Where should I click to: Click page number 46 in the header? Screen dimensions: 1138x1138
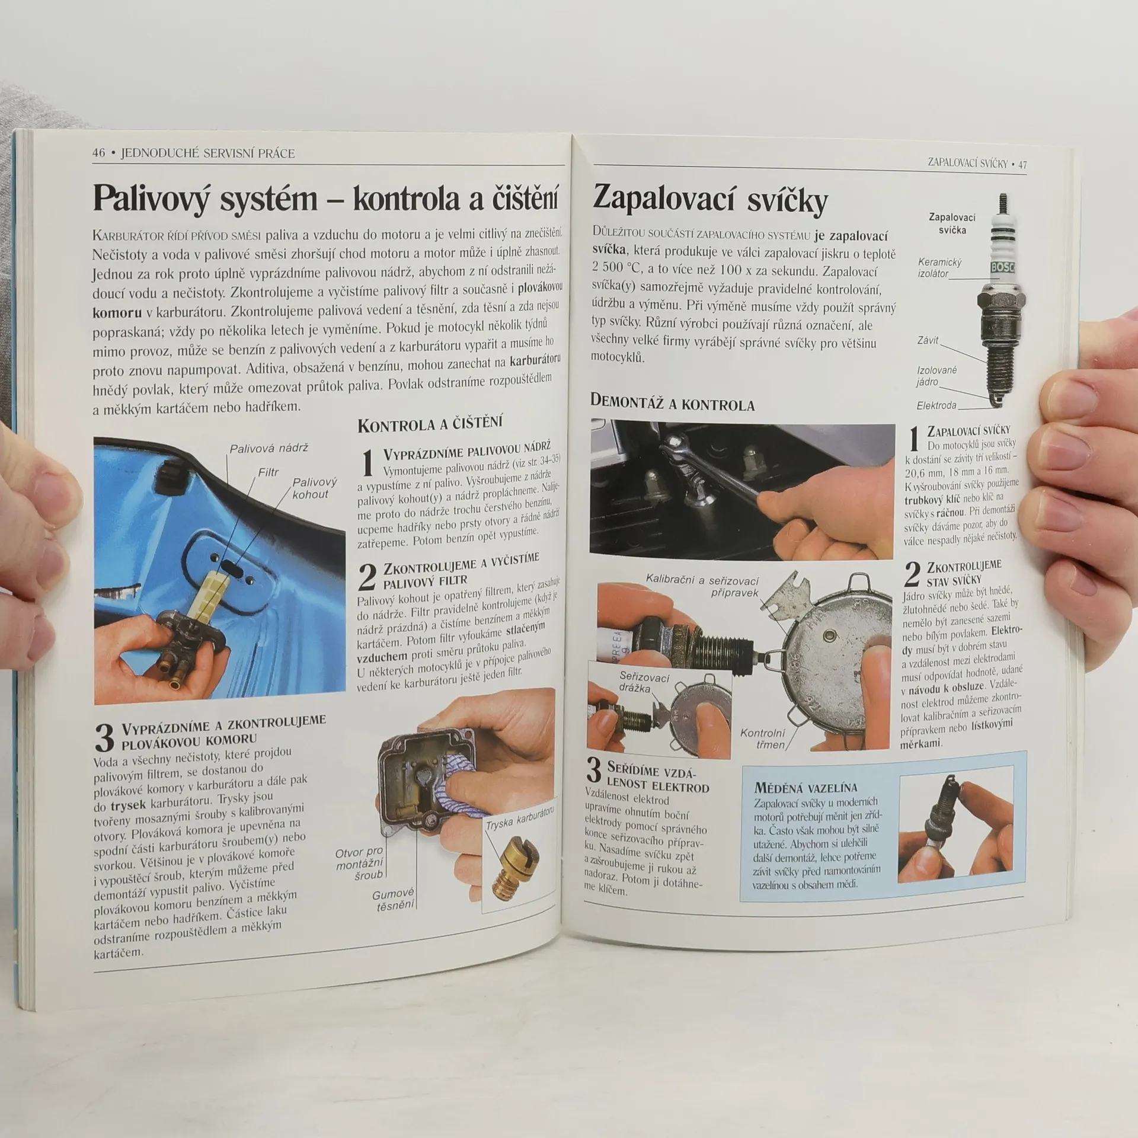[98, 153]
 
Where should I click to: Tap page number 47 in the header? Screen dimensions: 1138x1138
[1022, 165]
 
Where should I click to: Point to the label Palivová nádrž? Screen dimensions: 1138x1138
[269, 449]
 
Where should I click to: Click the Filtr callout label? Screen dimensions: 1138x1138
[268, 472]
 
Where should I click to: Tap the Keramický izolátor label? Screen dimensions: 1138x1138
[939, 268]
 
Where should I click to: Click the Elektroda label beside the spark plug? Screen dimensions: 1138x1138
[936, 406]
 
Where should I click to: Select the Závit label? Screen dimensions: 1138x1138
[928, 340]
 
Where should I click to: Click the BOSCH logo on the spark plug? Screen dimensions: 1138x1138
[1002, 268]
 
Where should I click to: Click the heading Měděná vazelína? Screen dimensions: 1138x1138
[805, 788]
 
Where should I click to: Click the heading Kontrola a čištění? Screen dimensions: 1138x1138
[430, 424]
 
